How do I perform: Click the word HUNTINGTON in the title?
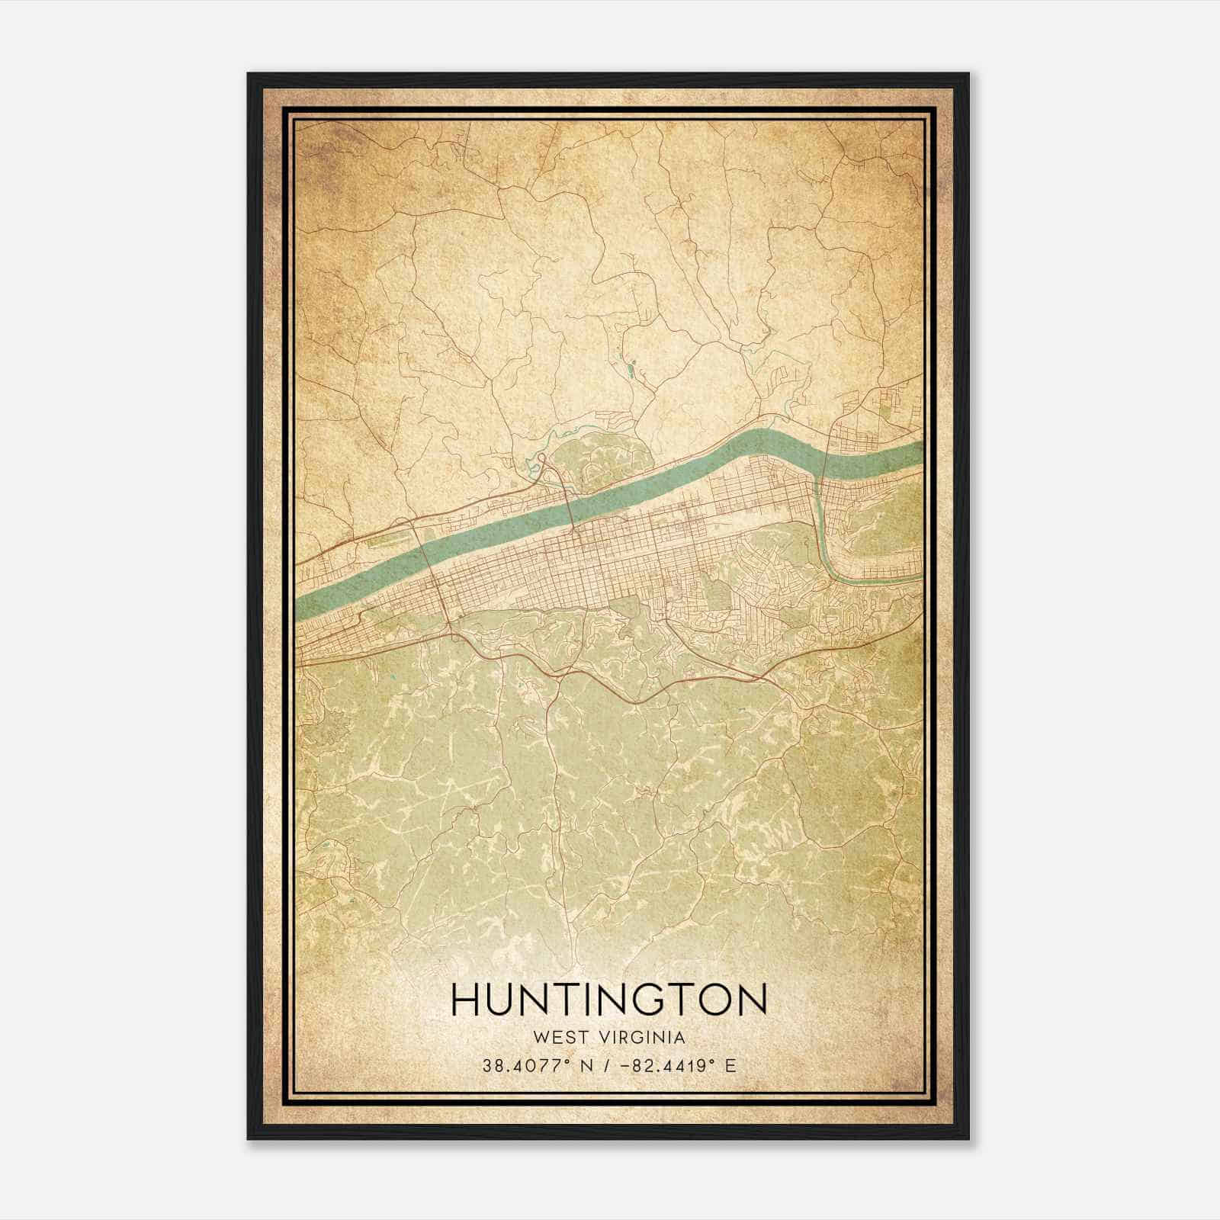point(609,1000)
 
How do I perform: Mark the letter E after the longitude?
point(730,1066)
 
